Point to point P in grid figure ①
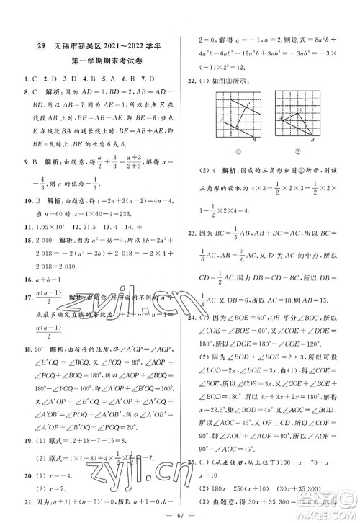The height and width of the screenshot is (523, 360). coord(248,103)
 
